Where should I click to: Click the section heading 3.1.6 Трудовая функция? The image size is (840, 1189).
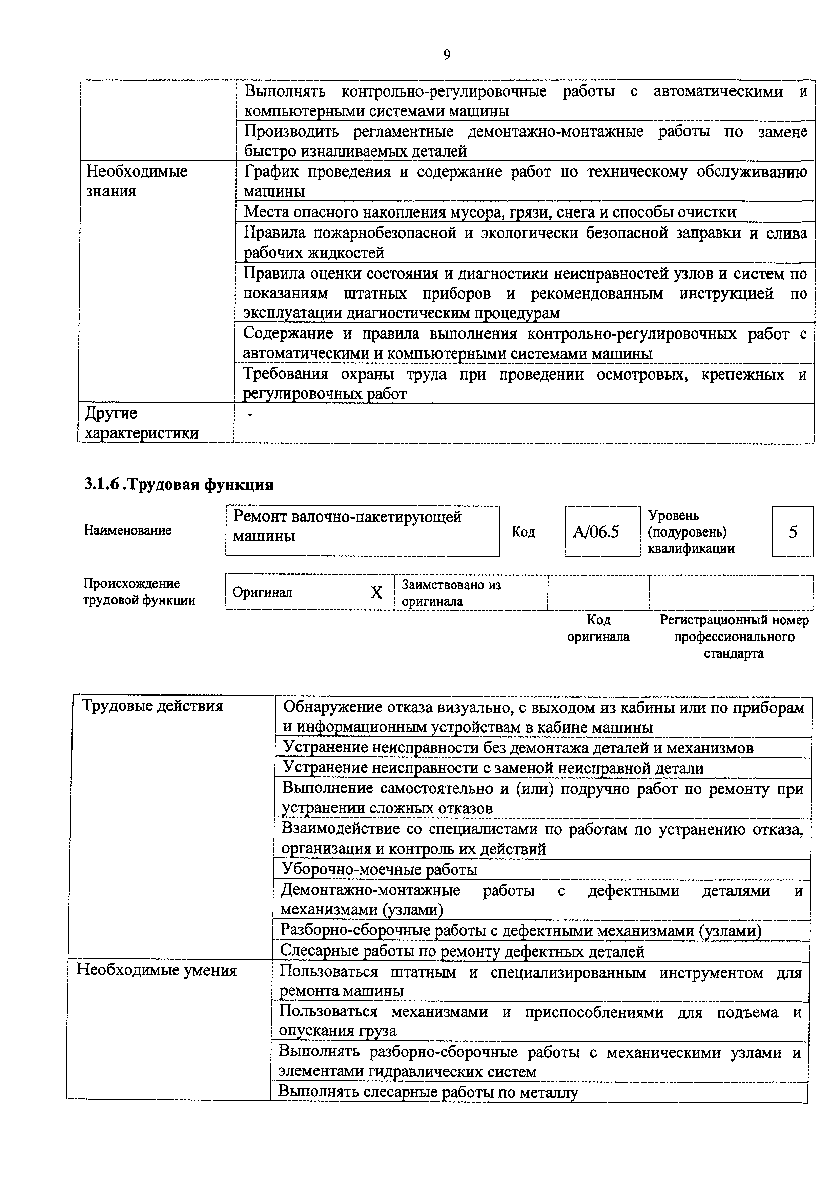(x=179, y=484)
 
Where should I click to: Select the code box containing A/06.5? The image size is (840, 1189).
(x=601, y=532)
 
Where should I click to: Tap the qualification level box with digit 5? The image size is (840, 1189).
(x=792, y=532)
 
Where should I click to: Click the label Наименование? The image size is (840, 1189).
(x=127, y=530)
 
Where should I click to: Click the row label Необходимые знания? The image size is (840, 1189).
(x=137, y=181)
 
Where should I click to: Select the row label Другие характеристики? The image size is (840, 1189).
(x=141, y=423)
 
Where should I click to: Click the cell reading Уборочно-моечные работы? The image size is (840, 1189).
(x=379, y=869)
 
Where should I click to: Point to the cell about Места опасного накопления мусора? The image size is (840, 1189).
(x=490, y=212)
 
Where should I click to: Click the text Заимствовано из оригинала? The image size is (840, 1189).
(x=451, y=593)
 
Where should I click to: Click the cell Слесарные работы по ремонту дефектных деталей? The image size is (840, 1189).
(x=462, y=951)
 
